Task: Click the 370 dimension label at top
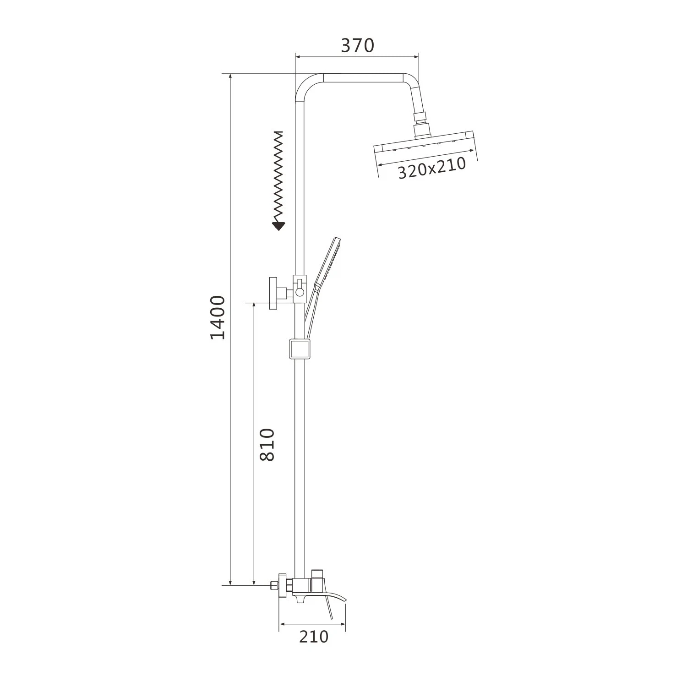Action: [x=358, y=45]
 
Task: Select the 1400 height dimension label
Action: [x=218, y=317]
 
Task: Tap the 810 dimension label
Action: [x=267, y=444]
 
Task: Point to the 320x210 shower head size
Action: [x=431, y=168]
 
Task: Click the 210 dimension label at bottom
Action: [x=314, y=636]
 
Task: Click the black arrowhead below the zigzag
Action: [x=278, y=226]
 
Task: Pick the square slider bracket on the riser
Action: [x=300, y=349]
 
